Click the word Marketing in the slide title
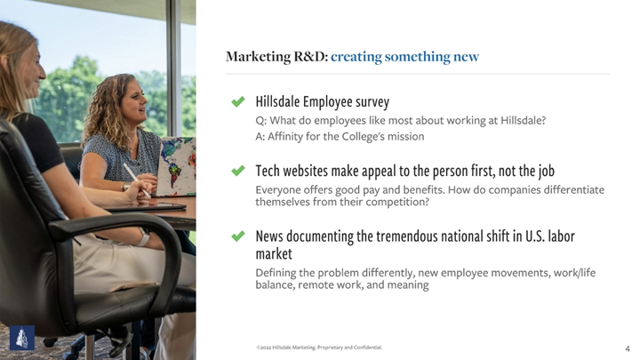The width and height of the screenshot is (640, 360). pos(259,57)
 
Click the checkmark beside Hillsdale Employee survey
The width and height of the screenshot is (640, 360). pos(238,101)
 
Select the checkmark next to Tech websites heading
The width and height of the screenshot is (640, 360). pos(238,170)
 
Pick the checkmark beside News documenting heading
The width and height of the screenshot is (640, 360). pos(238,236)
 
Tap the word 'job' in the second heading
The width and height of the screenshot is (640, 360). pos(546,171)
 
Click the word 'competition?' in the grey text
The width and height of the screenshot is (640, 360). pos(397,202)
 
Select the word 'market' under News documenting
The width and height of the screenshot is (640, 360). pos(274,254)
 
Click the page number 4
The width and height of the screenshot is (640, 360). pos(628,348)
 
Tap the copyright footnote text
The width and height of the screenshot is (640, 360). pos(319,348)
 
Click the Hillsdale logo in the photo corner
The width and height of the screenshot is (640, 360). pos(22,338)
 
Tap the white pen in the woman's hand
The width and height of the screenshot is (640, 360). pos(136,180)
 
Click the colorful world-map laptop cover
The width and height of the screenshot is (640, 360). pos(176,166)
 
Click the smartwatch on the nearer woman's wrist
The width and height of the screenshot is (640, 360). pos(143,236)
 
